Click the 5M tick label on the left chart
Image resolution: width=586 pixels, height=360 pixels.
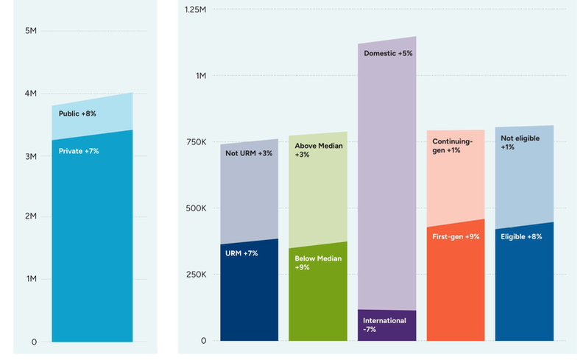pyautogui.click(x=31, y=31)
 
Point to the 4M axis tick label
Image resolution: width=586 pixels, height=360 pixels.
pyautogui.click(x=31, y=94)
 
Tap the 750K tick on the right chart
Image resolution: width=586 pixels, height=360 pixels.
pyautogui.click(x=195, y=142)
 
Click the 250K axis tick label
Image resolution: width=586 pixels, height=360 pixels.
pyautogui.click(x=195, y=275)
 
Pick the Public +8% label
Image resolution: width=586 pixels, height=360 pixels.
pyautogui.click(x=77, y=114)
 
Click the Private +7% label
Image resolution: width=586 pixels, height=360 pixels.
pyautogui.click(x=79, y=151)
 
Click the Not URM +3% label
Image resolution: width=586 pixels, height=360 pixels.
pyautogui.click(x=249, y=153)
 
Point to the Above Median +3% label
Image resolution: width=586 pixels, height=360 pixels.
pyautogui.click(x=318, y=150)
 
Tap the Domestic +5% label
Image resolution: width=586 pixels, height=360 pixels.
pyautogui.click(x=387, y=54)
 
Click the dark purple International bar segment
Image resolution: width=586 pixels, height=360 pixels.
pyautogui.click(x=386, y=325)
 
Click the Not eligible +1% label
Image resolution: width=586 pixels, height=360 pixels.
pyautogui.click(x=518, y=142)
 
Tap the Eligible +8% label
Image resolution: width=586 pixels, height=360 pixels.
pyautogui.click(x=521, y=236)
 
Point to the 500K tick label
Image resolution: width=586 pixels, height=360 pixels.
pyautogui.click(x=195, y=208)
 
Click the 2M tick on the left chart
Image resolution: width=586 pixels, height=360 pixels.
pyautogui.click(x=31, y=216)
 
